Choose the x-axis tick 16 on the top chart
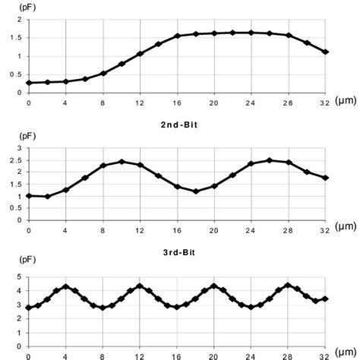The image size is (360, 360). point(178,103)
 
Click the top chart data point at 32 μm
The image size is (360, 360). point(325,52)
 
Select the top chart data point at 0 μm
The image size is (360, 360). point(29,83)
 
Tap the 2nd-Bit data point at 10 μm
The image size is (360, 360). point(122,162)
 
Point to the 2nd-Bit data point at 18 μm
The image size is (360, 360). point(196,191)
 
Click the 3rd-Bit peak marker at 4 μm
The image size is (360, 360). point(66,286)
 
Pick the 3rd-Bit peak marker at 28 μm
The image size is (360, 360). point(289,286)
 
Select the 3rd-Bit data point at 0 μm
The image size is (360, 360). point(29,308)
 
